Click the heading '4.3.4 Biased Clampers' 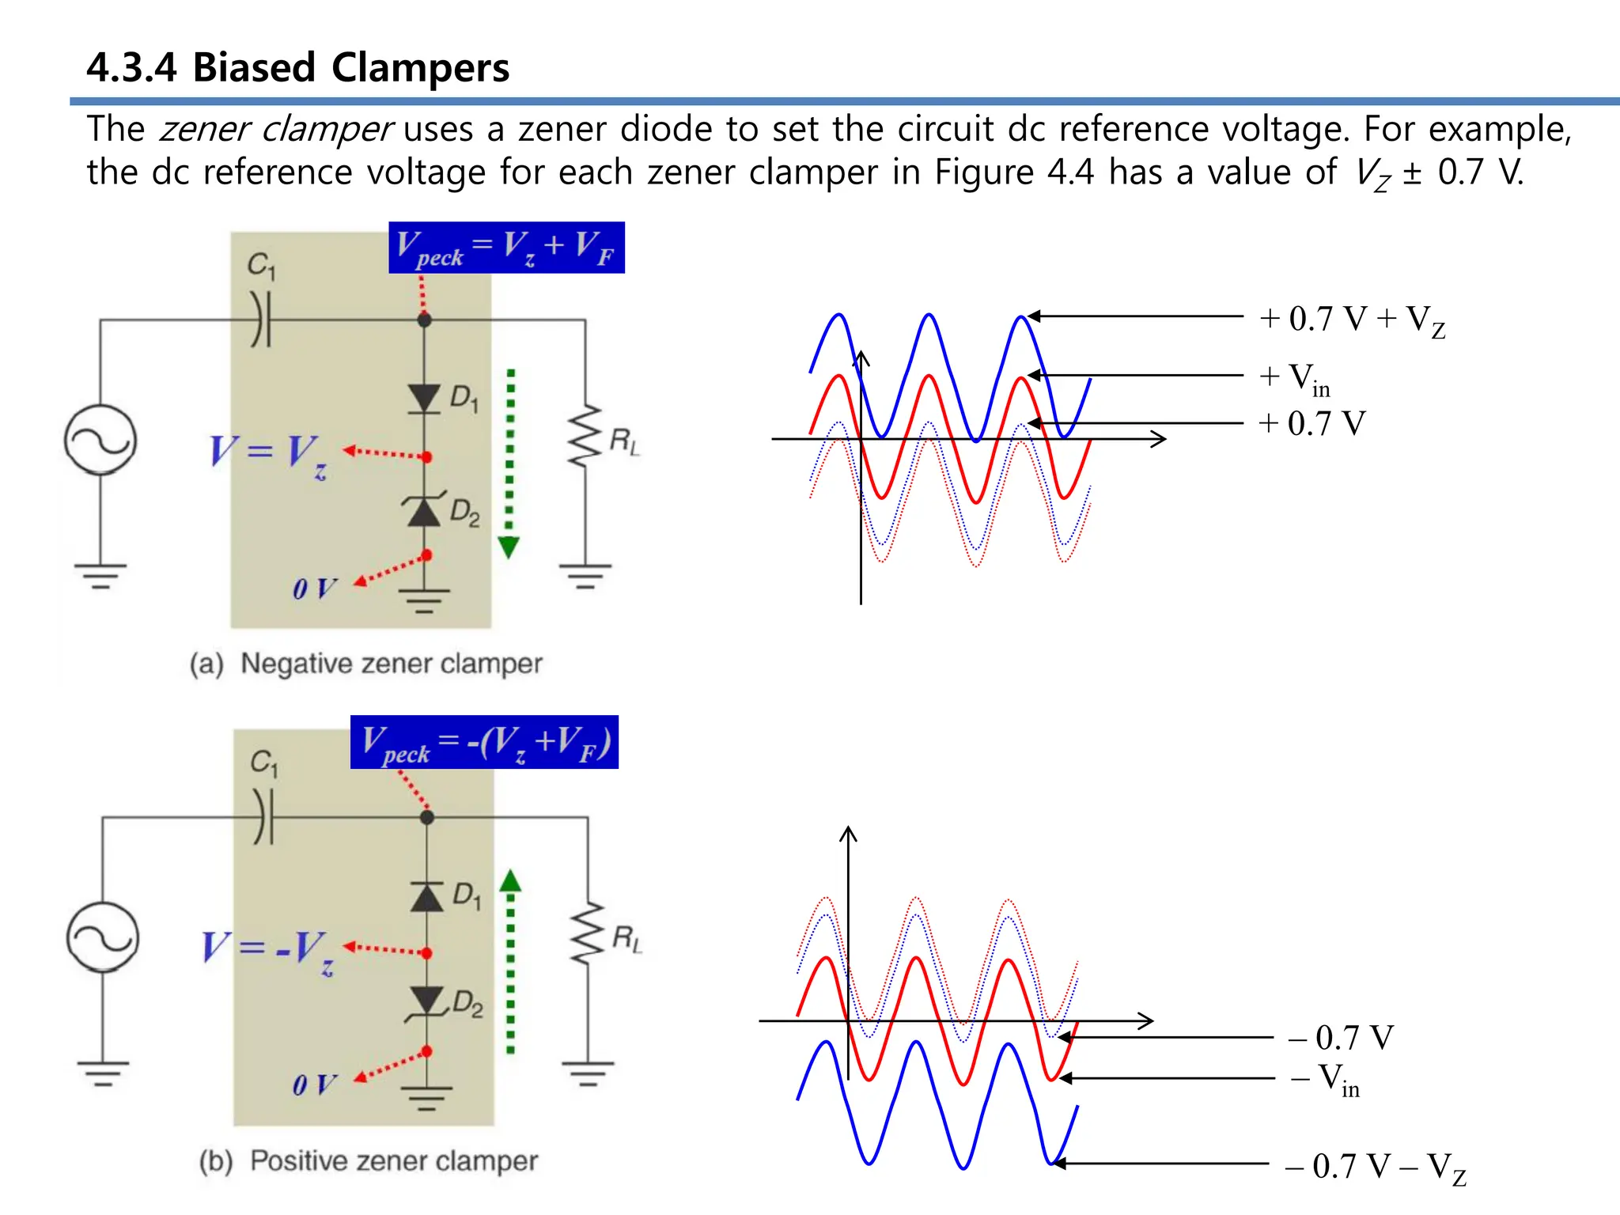[x=297, y=67]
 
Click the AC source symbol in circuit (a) [x=100, y=440]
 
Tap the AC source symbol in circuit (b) [x=103, y=937]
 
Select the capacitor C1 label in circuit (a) [x=261, y=265]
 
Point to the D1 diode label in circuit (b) [x=467, y=896]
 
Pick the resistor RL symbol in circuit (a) [x=585, y=437]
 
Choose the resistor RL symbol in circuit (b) [x=588, y=934]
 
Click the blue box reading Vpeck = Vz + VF [x=506, y=248]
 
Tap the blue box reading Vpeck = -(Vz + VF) [x=484, y=742]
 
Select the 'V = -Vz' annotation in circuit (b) [x=267, y=950]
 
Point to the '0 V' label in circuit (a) [x=314, y=589]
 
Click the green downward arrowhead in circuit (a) [x=509, y=547]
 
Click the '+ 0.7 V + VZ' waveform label [x=1353, y=320]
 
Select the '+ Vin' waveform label [x=1295, y=379]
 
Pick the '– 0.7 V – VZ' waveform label [x=1376, y=1168]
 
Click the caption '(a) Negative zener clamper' [x=366, y=663]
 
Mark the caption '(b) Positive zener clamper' [x=369, y=1160]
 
